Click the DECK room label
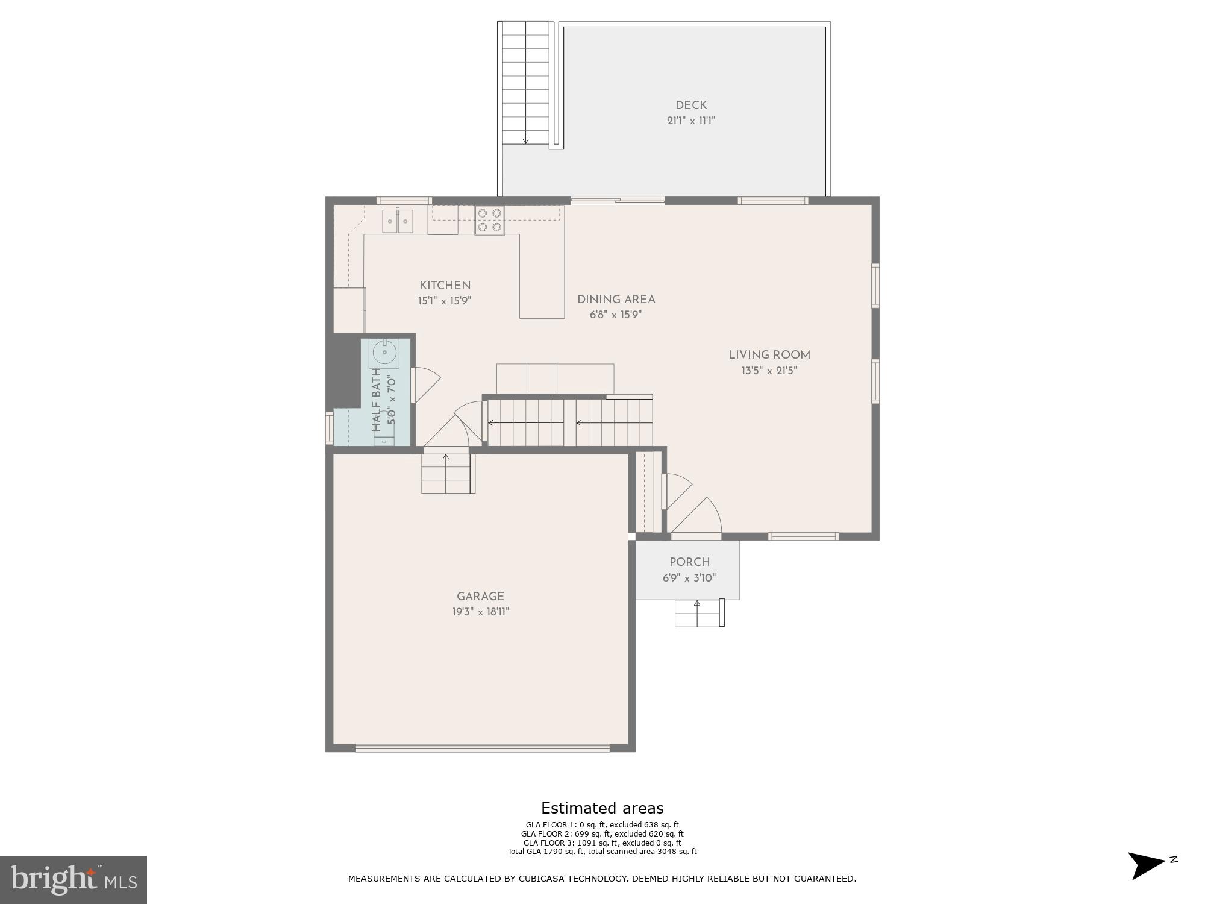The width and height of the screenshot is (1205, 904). click(x=690, y=105)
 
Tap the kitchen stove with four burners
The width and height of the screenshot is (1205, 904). click(x=489, y=220)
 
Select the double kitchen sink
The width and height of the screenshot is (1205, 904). click(x=398, y=221)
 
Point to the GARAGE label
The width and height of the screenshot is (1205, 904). click(x=480, y=597)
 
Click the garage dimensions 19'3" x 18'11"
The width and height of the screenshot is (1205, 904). click(x=480, y=612)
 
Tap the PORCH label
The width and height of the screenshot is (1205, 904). click(x=689, y=562)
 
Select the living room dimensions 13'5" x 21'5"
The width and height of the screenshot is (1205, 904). click(x=769, y=371)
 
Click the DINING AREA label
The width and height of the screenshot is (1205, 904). click(x=616, y=300)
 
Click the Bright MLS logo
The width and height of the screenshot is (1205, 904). click(x=73, y=879)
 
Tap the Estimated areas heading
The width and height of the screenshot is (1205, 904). click(x=602, y=808)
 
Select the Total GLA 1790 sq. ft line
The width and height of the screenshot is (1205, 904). click(x=602, y=852)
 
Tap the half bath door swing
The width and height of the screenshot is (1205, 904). click(x=426, y=384)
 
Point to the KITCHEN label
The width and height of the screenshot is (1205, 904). click(x=445, y=286)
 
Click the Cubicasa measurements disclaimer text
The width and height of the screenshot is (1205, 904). click(x=602, y=879)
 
